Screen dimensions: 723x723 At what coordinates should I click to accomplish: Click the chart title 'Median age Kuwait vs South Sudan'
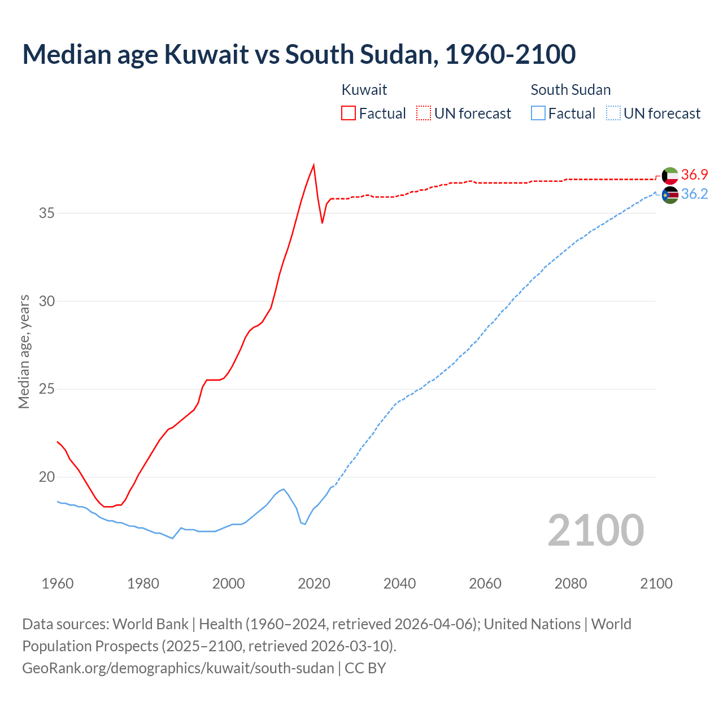click(299, 54)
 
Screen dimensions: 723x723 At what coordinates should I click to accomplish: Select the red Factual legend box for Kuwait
click(349, 113)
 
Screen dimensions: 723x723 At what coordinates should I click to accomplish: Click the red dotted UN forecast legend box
click(424, 113)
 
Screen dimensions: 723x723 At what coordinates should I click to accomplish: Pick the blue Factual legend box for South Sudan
click(538, 113)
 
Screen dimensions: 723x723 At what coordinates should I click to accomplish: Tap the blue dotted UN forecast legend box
click(613, 113)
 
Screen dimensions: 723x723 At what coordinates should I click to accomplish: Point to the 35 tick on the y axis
click(47, 214)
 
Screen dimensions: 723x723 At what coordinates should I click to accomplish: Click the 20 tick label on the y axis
click(47, 477)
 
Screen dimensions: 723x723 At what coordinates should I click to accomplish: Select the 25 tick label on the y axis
click(47, 389)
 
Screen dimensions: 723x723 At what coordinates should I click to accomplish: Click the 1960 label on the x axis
click(58, 583)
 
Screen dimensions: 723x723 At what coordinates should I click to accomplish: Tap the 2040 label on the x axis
click(399, 583)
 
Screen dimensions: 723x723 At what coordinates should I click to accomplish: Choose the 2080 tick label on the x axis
click(570, 583)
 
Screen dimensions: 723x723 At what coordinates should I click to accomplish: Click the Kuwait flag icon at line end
click(670, 176)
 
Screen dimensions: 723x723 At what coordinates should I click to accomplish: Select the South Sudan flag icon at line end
click(670, 195)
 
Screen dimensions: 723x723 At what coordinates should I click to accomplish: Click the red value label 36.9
click(694, 175)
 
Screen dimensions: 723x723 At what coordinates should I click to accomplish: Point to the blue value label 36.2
click(694, 194)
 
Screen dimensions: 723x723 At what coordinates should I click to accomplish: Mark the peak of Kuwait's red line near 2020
click(313, 165)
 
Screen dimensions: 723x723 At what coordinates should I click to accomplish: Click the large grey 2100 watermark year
click(595, 530)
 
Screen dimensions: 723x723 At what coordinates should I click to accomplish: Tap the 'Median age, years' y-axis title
click(24, 351)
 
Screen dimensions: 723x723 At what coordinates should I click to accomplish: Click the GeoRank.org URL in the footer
click(178, 668)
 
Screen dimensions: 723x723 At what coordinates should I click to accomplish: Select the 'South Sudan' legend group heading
click(570, 90)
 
